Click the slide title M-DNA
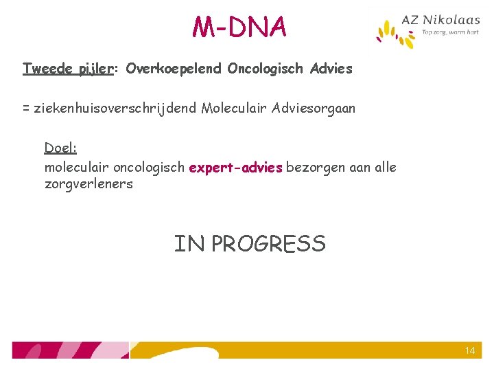(x=239, y=27)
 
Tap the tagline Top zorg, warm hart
(x=450, y=33)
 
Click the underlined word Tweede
(x=46, y=69)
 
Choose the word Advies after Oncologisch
(x=331, y=69)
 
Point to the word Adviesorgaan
(x=314, y=109)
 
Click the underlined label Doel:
(x=60, y=148)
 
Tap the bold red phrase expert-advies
(x=236, y=168)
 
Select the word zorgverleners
(x=89, y=184)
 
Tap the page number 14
(x=470, y=350)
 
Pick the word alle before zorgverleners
(x=384, y=168)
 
